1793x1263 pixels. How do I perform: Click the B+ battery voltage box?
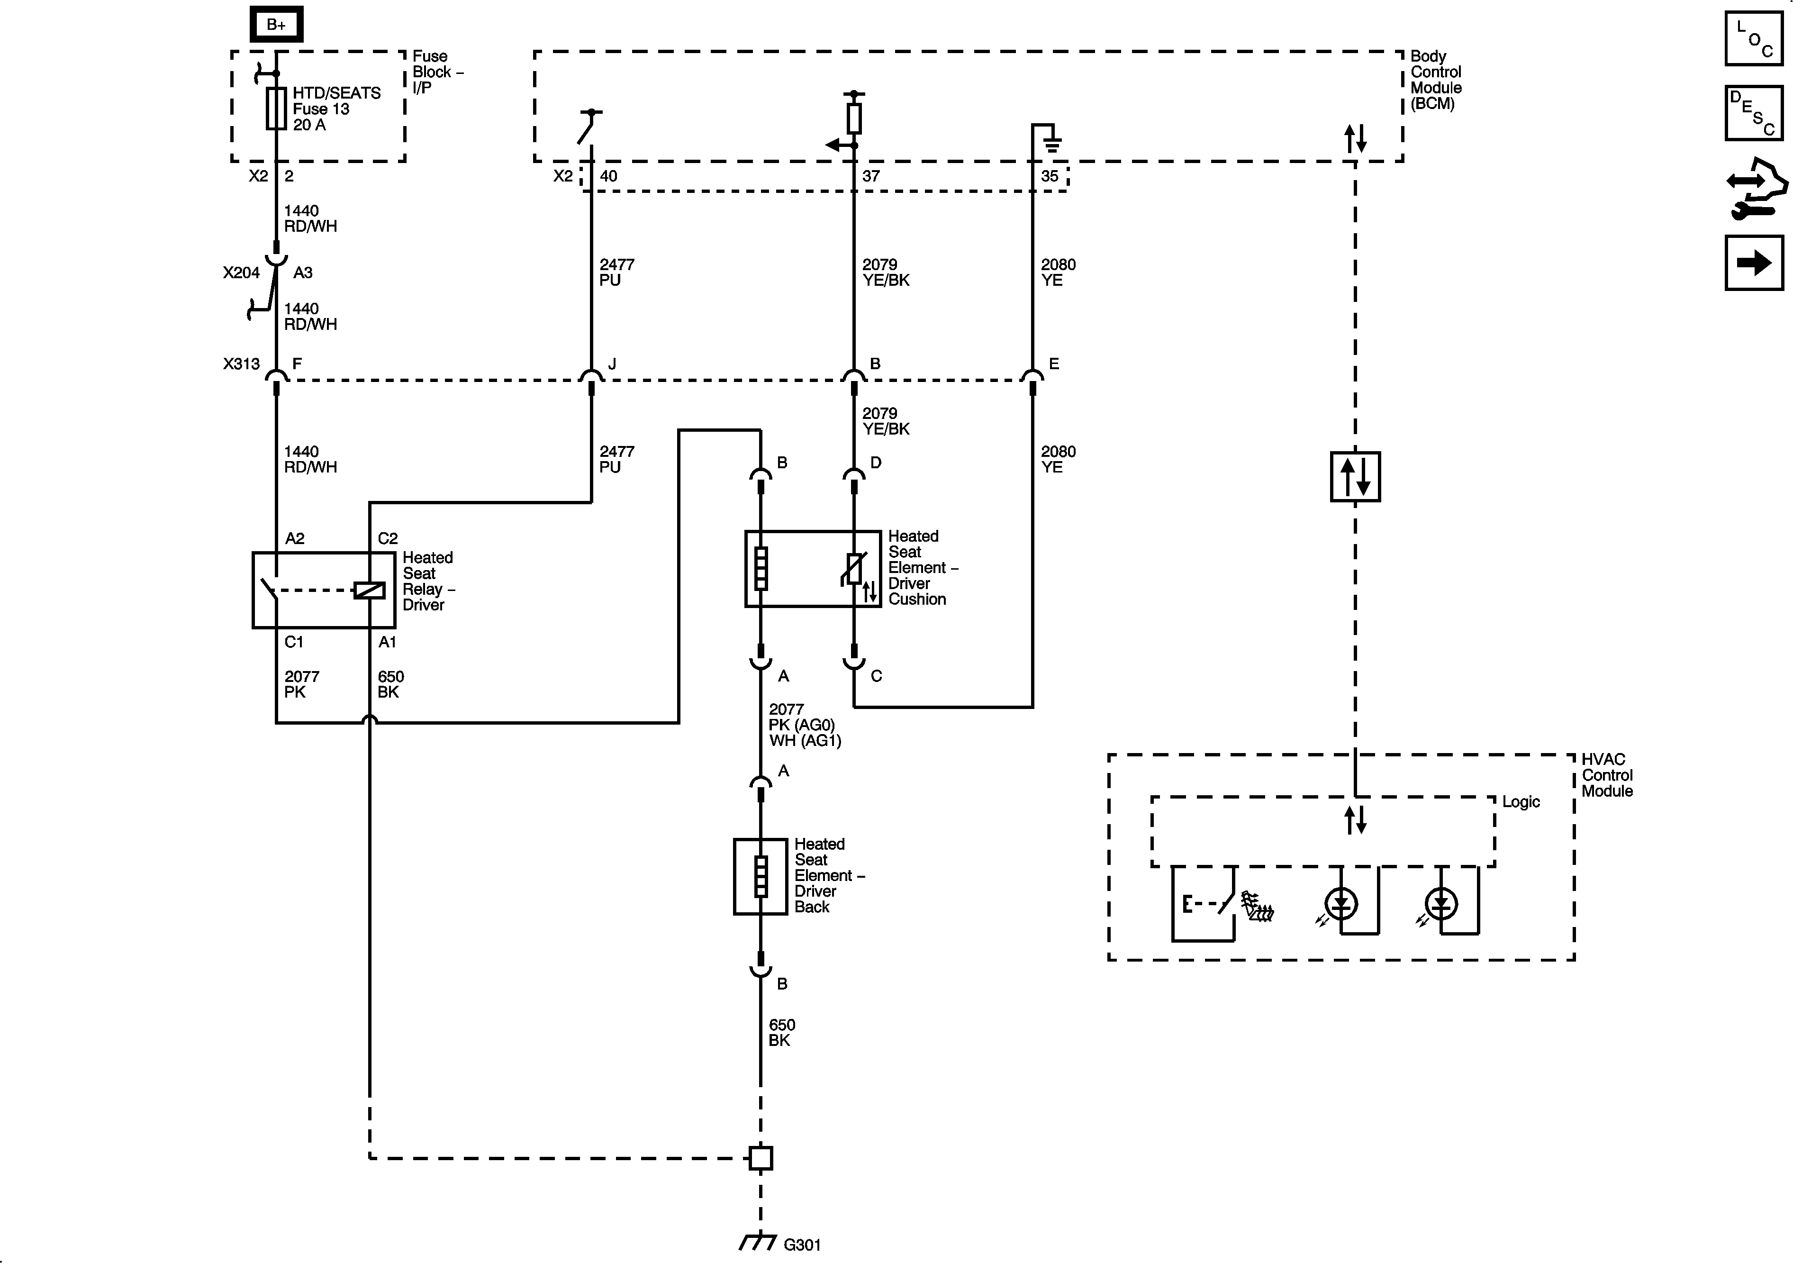[x=276, y=25]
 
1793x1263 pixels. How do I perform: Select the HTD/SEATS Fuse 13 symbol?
[x=276, y=108]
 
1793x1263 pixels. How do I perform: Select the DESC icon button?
[x=1753, y=113]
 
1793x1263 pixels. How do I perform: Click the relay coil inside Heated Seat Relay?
[x=370, y=591]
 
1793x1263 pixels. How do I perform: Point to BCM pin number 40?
[x=608, y=176]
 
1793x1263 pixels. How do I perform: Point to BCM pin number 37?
[x=871, y=176]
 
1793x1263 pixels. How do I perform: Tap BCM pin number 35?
[x=1050, y=176]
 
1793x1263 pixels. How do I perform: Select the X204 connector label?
[x=241, y=273]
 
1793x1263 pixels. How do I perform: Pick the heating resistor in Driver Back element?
[x=760, y=876]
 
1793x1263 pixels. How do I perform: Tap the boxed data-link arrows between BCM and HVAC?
[x=1355, y=476]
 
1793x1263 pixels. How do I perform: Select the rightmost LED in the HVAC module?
[x=1441, y=905]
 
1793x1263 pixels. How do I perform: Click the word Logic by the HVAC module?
[x=1521, y=802]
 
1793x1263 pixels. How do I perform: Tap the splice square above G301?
[x=760, y=1158]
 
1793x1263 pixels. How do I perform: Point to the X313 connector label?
[x=241, y=364]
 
